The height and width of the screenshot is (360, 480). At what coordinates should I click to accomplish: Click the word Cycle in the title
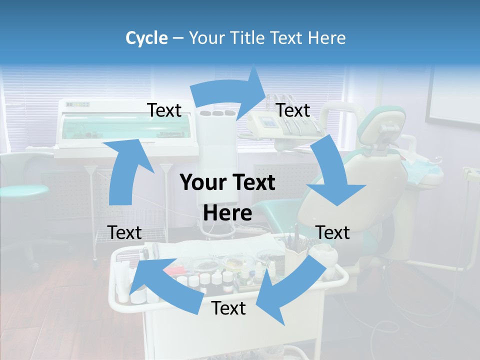146,38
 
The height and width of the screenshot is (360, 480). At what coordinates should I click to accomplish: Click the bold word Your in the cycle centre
202,183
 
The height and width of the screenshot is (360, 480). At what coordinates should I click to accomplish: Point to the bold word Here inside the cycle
227,213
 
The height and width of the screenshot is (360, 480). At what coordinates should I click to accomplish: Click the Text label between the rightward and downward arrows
293,110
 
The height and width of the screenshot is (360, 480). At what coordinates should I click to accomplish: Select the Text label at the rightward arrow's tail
164,110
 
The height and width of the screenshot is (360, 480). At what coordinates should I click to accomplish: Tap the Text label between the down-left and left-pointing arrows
228,308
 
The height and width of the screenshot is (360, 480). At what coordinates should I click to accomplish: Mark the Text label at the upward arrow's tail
124,232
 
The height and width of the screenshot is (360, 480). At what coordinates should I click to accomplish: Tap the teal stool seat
22,190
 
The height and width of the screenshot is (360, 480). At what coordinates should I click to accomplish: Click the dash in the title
178,38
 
